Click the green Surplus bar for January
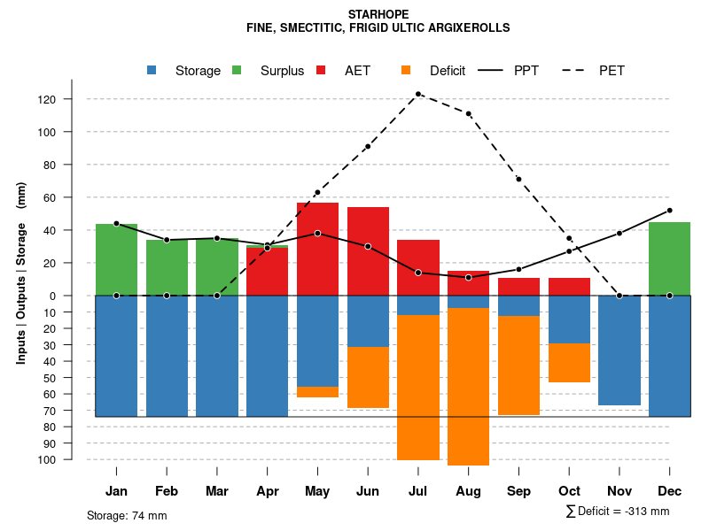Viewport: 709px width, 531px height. click(x=116, y=259)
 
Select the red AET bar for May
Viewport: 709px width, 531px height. click(x=317, y=249)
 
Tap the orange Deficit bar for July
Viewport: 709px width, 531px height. click(x=417, y=387)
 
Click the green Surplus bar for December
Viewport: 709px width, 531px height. click(x=669, y=258)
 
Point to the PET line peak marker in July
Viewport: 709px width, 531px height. click(x=417, y=94)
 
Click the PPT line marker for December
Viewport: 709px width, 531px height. click(x=669, y=211)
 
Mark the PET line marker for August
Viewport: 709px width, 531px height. click(x=468, y=113)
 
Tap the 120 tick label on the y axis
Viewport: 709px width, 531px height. click(x=72, y=99)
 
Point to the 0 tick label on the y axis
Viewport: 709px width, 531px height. click(x=78, y=296)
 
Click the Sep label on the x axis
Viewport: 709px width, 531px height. click(x=518, y=491)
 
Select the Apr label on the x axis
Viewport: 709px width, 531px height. click(x=267, y=491)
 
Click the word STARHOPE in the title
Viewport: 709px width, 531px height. click(x=378, y=15)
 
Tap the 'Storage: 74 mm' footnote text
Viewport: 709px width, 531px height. click(x=127, y=515)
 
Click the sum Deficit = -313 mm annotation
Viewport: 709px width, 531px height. click(x=618, y=512)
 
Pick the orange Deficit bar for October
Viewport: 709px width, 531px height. click(x=569, y=363)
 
